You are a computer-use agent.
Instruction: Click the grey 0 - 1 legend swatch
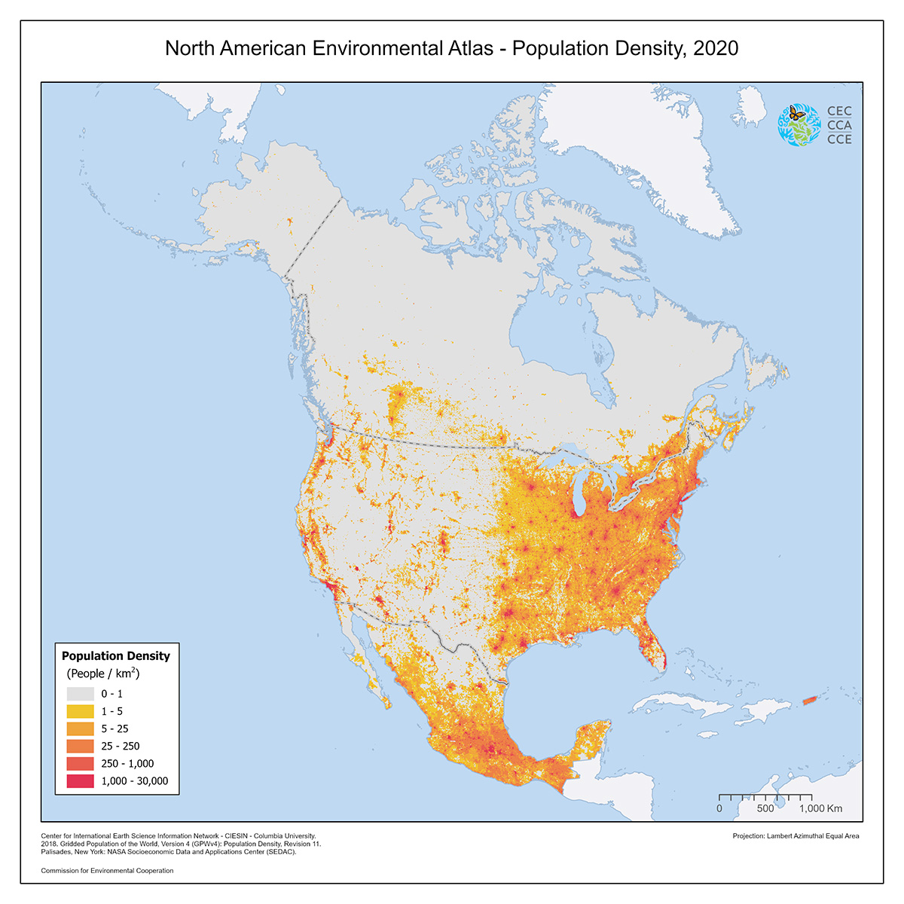click(81, 694)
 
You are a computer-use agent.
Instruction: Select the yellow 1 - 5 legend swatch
click(81, 711)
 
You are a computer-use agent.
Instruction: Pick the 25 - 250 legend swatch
click(81, 746)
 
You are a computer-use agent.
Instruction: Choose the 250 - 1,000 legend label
click(127, 763)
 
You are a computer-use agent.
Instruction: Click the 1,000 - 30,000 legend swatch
click(81, 780)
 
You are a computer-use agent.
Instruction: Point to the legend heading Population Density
click(116, 655)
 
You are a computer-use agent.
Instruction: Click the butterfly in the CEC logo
click(796, 114)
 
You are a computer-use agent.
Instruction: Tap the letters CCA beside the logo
click(839, 125)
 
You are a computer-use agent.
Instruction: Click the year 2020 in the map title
click(715, 48)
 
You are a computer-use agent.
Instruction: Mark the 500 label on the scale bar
click(765, 808)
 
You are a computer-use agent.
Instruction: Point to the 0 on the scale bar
click(719, 808)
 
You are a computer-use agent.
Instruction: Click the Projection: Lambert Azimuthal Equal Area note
click(796, 835)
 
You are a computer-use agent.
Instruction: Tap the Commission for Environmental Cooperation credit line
click(107, 870)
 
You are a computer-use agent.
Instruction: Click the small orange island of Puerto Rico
click(809, 701)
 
